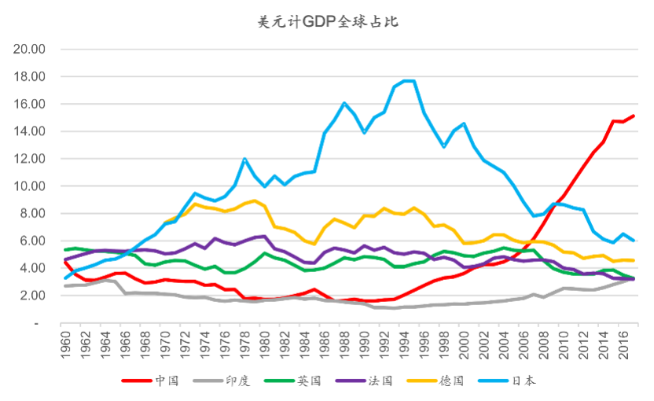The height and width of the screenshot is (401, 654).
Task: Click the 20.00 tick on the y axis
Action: click(x=30, y=50)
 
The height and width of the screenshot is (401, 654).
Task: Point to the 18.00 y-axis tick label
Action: click(x=30, y=77)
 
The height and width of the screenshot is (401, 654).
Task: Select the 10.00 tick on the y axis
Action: click(x=30, y=186)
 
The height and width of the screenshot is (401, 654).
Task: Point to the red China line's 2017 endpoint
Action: click(x=634, y=116)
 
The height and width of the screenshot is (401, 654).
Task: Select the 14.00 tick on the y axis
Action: click(x=30, y=131)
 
